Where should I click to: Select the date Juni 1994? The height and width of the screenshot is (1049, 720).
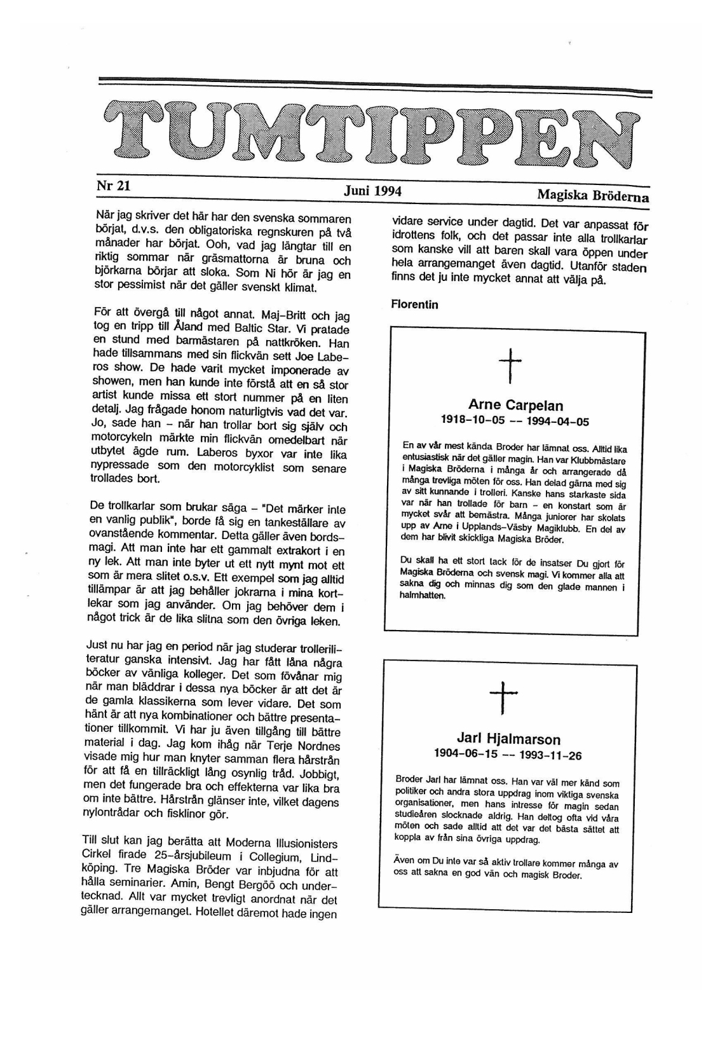[x=373, y=191]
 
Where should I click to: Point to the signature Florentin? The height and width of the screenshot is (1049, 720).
[x=414, y=305]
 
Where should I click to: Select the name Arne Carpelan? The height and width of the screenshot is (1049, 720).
[x=515, y=405]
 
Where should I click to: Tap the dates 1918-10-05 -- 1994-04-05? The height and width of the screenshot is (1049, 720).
[x=515, y=421]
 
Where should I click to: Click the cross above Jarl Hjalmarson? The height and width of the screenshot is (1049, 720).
[x=503, y=697]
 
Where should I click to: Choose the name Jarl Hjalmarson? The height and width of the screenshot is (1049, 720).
[x=508, y=739]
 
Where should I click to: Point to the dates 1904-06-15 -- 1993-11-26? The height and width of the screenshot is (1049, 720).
[x=508, y=755]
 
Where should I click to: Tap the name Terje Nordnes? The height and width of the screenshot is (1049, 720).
[x=301, y=746]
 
